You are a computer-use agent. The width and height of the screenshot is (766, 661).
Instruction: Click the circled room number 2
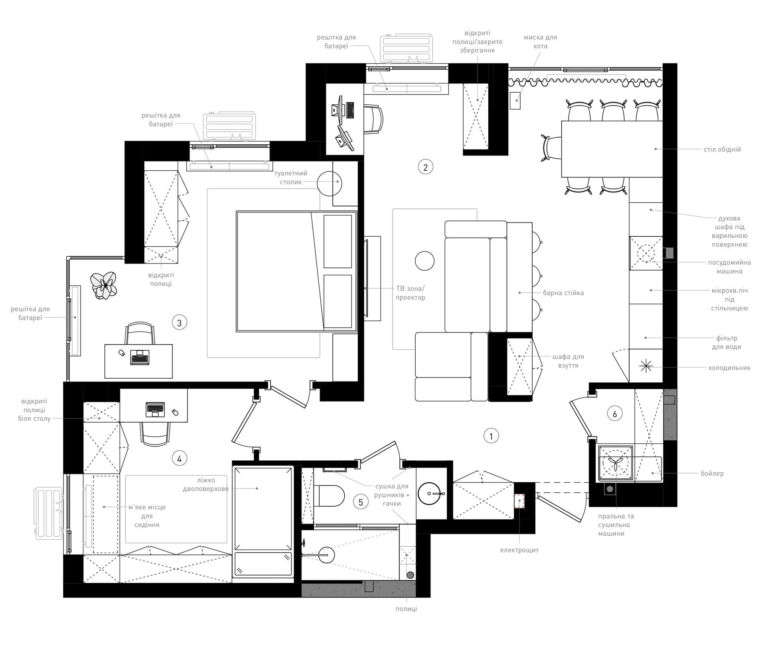(425, 167)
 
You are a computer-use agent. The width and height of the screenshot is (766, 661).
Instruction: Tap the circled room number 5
(361, 502)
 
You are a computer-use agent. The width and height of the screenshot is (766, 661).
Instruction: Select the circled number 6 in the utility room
(614, 414)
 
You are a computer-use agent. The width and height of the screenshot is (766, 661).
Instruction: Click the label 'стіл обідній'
(722, 150)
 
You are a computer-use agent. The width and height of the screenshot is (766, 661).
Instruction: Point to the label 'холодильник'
(729, 368)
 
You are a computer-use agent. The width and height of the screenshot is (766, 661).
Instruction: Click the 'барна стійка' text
(563, 293)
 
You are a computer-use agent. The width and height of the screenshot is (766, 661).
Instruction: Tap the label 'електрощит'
(519, 550)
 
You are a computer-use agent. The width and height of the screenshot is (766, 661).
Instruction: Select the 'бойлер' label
(712, 474)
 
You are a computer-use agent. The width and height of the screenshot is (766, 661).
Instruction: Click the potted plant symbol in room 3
(104, 285)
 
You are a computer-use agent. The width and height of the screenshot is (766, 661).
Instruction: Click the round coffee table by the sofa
(424, 261)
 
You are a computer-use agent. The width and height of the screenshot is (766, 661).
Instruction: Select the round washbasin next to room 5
(431, 494)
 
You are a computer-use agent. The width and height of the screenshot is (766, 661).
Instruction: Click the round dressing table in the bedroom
(330, 183)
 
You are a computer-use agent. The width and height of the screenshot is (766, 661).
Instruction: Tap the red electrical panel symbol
(519, 501)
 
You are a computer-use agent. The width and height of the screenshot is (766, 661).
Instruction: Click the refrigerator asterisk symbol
(645, 366)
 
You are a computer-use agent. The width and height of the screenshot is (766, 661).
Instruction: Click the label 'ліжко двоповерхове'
(206, 484)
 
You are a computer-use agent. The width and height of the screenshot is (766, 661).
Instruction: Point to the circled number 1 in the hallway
(491, 436)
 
